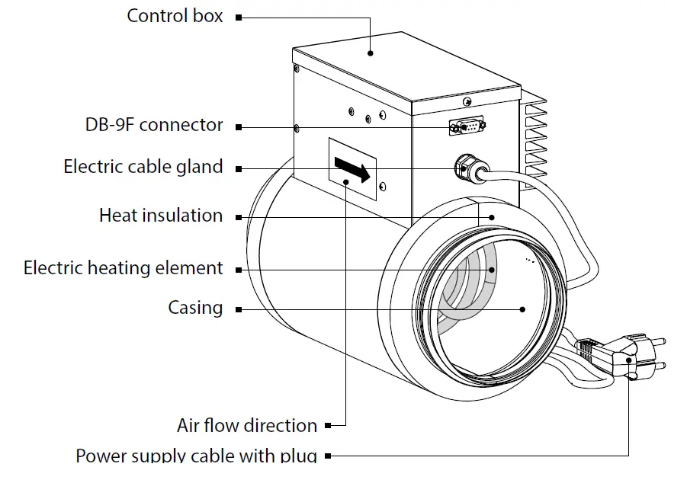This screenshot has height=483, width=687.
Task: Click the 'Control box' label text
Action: [x=175, y=15]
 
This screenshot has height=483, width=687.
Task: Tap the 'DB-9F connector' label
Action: [x=154, y=125]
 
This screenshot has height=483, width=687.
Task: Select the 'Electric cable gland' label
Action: [x=143, y=167]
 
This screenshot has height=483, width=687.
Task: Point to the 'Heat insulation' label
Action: [x=161, y=216]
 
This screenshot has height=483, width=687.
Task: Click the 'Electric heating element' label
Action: [x=124, y=268]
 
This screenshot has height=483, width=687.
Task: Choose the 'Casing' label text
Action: [x=196, y=308]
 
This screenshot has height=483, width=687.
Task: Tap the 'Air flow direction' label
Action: [x=247, y=425]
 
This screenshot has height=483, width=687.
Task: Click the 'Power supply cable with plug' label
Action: [x=196, y=456]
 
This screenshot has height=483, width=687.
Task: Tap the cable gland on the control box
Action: [x=467, y=168]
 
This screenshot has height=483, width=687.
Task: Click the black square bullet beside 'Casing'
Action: [x=239, y=309]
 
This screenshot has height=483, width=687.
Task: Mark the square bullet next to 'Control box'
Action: [x=239, y=17]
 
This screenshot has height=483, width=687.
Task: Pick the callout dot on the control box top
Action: [x=371, y=53]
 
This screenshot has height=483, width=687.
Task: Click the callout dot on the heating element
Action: [x=493, y=269]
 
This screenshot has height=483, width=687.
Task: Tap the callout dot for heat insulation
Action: [x=493, y=217]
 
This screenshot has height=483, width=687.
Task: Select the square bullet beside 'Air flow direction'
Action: [x=328, y=426]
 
